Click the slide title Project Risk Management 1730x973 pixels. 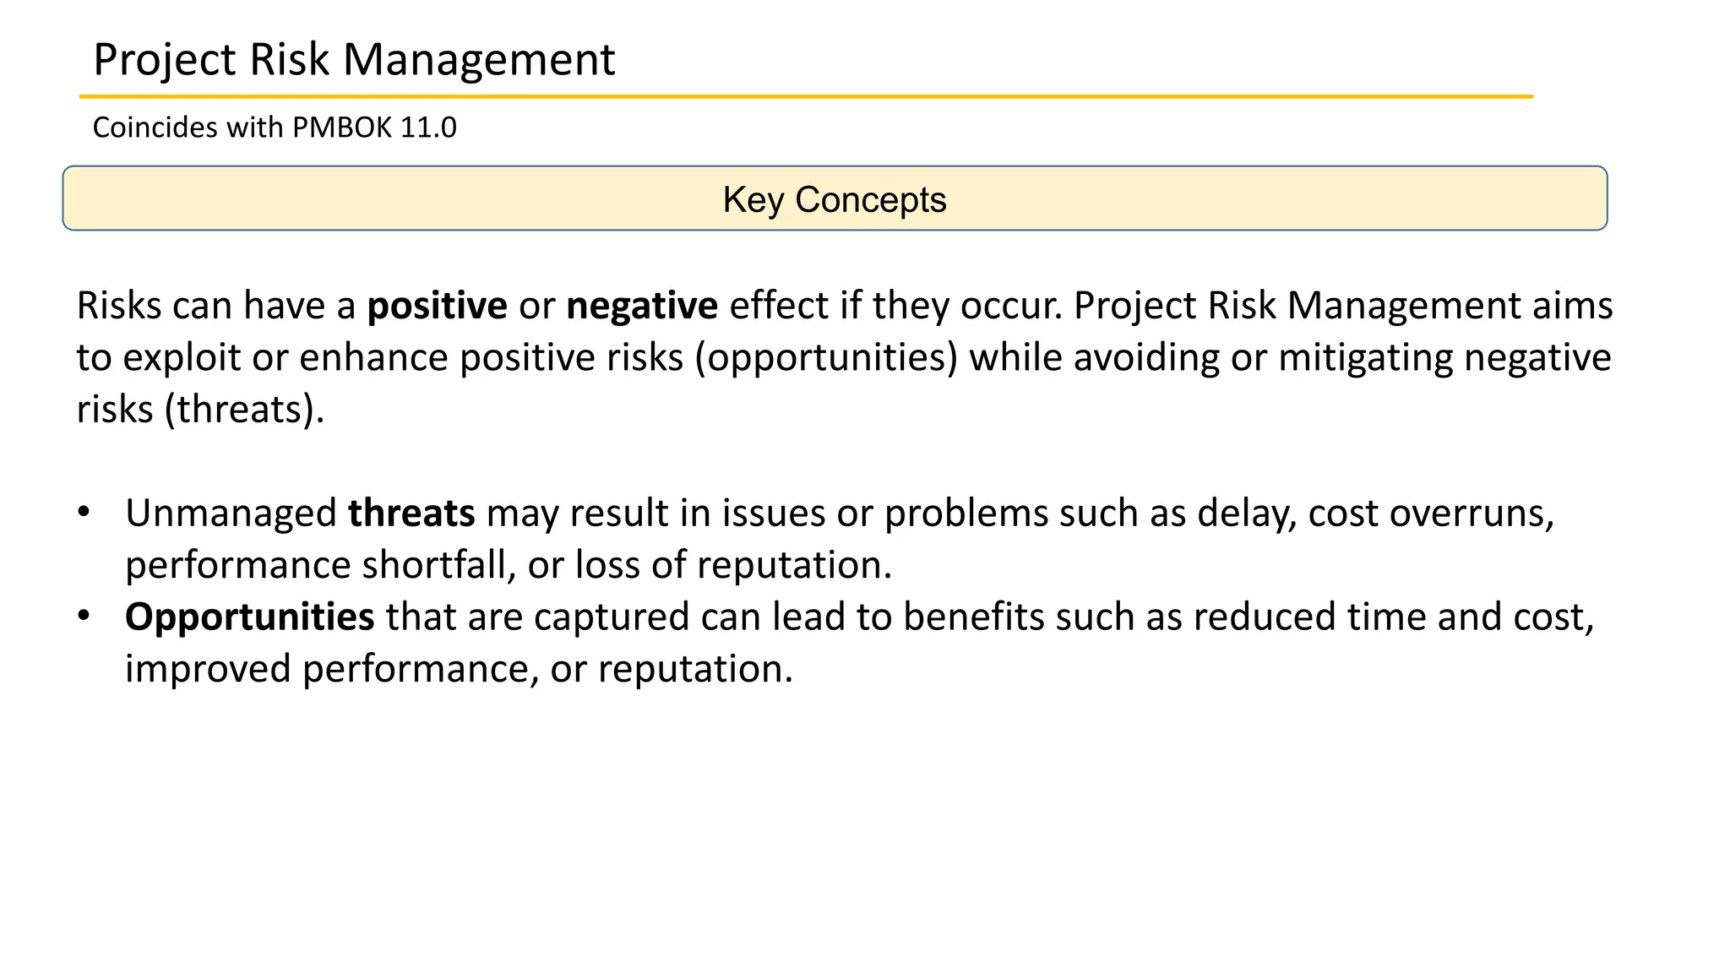tap(354, 60)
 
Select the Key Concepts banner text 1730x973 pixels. tap(834, 200)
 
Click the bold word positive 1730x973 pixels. tap(437, 306)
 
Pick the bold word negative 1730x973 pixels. tap(642, 306)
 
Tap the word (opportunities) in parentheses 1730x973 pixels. tap(826, 358)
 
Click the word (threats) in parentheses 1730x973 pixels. tap(244, 410)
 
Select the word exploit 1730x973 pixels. tap(182, 358)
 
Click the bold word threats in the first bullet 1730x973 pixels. tap(411, 514)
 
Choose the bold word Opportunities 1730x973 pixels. tap(249, 617)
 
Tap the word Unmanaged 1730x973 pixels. tap(231, 514)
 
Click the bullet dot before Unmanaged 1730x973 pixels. tap(83, 512)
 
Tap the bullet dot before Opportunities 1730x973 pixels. tap(83, 616)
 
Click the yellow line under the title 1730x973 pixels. tap(806, 97)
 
